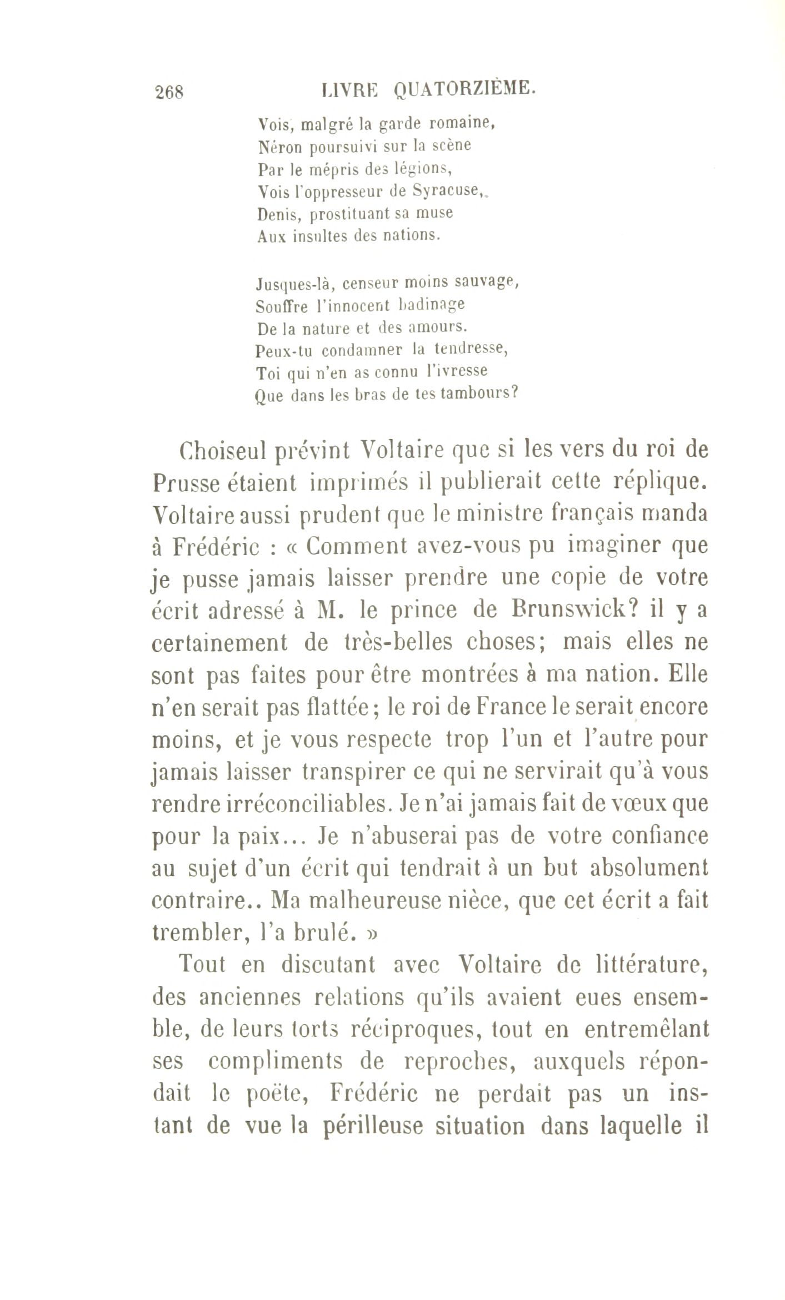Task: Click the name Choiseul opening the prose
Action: pos(221,450)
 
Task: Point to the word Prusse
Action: pos(185,483)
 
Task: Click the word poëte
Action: pos(273,1094)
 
